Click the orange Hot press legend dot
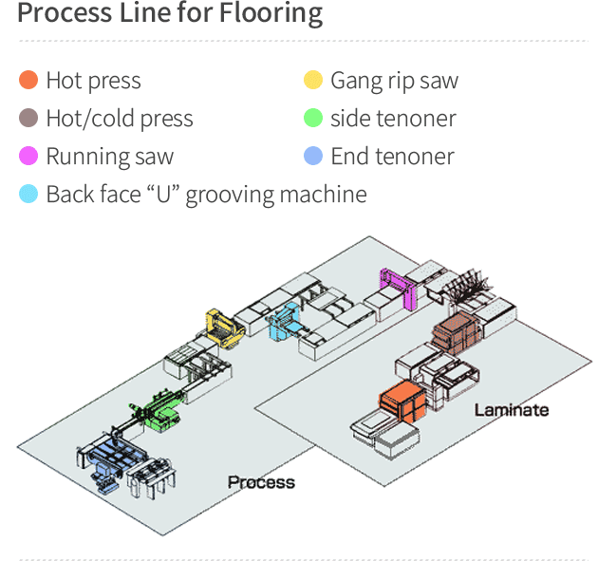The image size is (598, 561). (28, 81)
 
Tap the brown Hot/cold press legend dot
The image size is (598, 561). (28, 119)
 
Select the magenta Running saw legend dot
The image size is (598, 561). (28, 157)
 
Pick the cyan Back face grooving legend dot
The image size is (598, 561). (28, 195)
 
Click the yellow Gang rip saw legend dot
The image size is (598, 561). (313, 81)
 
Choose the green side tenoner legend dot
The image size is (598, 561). (313, 119)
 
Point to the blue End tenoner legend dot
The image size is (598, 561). (313, 157)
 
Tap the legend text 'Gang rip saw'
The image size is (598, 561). (394, 81)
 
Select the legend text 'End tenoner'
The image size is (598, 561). (392, 157)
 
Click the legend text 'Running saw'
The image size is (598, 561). (109, 157)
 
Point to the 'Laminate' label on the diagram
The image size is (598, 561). (511, 410)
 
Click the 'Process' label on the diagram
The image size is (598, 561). (261, 482)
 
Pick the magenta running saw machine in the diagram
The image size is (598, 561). (396, 287)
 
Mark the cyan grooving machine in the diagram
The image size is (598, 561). (284, 322)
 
